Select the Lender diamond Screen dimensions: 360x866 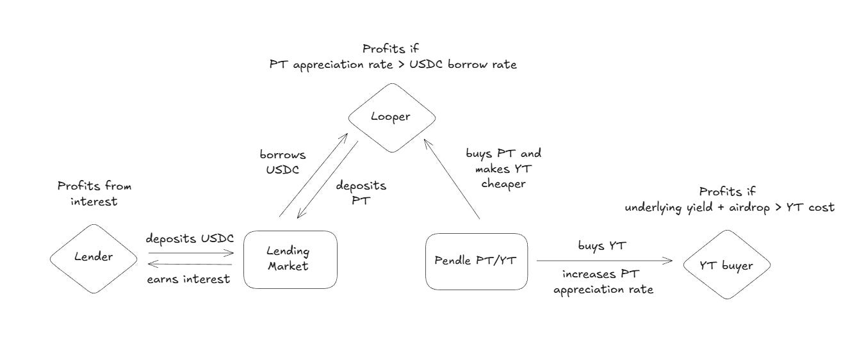pos(94,258)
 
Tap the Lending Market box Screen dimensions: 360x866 pos(290,259)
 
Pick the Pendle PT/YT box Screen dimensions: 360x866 pos(477,261)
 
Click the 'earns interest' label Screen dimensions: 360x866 pos(188,279)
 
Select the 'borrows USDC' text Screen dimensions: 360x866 pos(282,161)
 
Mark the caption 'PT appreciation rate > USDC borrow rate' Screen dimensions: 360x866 pos(393,66)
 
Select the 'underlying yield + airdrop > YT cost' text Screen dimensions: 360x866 pos(730,207)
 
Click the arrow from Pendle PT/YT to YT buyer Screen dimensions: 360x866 pos(603,261)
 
